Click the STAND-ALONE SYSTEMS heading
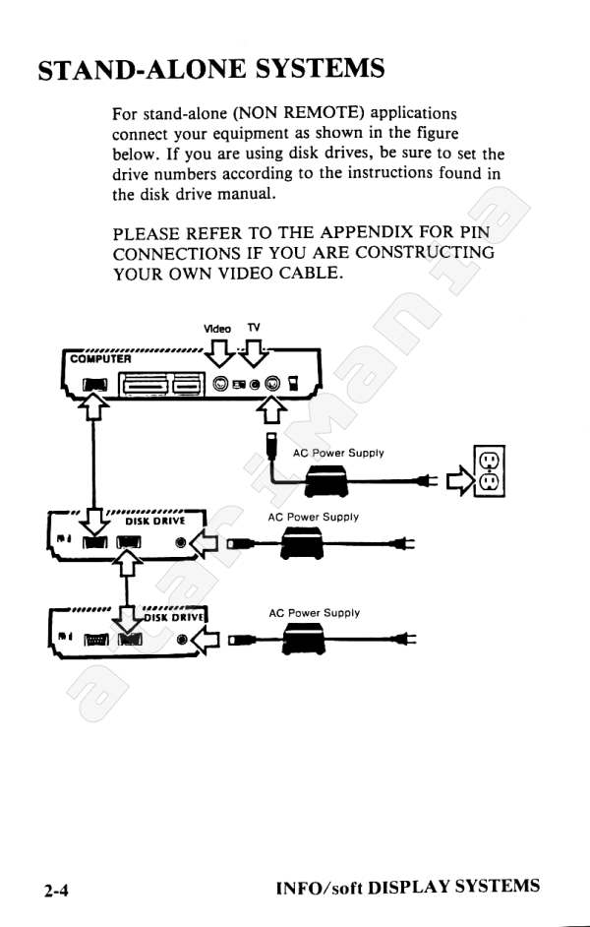coord(211,69)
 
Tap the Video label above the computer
coord(216,329)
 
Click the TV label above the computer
coord(254,328)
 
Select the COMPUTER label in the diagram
coord(100,359)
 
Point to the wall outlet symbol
coord(489,471)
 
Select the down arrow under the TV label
coord(254,354)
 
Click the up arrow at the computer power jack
coord(271,409)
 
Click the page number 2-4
coord(55,890)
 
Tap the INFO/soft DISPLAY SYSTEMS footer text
coord(407,887)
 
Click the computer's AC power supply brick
coord(325,480)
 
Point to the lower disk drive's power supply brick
coord(304,639)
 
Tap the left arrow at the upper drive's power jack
coord(205,543)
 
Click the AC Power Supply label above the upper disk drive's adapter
coord(313,517)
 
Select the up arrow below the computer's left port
coord(93,408)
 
